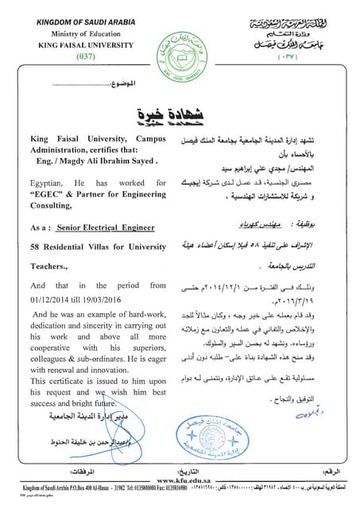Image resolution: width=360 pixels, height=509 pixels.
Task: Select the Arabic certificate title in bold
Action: pyautogui.click(x=183, y=114)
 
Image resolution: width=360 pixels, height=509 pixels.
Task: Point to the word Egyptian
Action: pyautogui.click(x=51, y=183)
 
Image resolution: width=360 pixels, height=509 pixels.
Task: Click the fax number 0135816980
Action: pyautogui.click(x=207, y=490)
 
